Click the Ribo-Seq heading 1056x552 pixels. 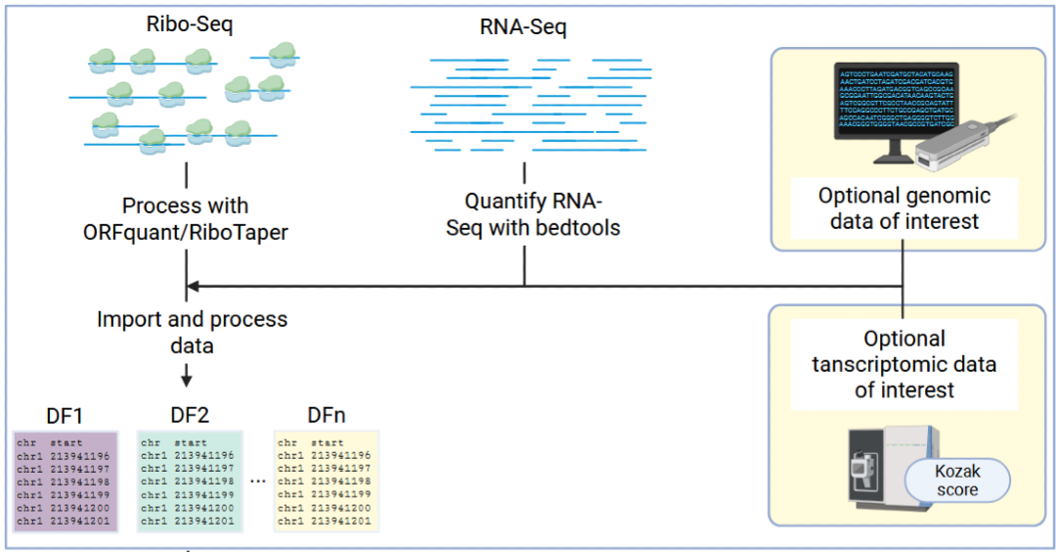click(184, 24)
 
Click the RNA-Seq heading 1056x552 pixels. click(524, 27)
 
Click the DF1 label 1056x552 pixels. click(65, 414)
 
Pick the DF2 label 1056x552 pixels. click(189, 414)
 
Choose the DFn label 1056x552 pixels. click(326, 414)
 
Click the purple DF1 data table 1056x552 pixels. click(66, 482)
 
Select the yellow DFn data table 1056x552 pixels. click(326, 482)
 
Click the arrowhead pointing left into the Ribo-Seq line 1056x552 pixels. click(193, 287)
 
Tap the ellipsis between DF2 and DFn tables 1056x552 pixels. click(258, 482)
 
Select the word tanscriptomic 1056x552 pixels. click(903, 365)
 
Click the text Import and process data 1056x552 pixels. click(192, 332)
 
